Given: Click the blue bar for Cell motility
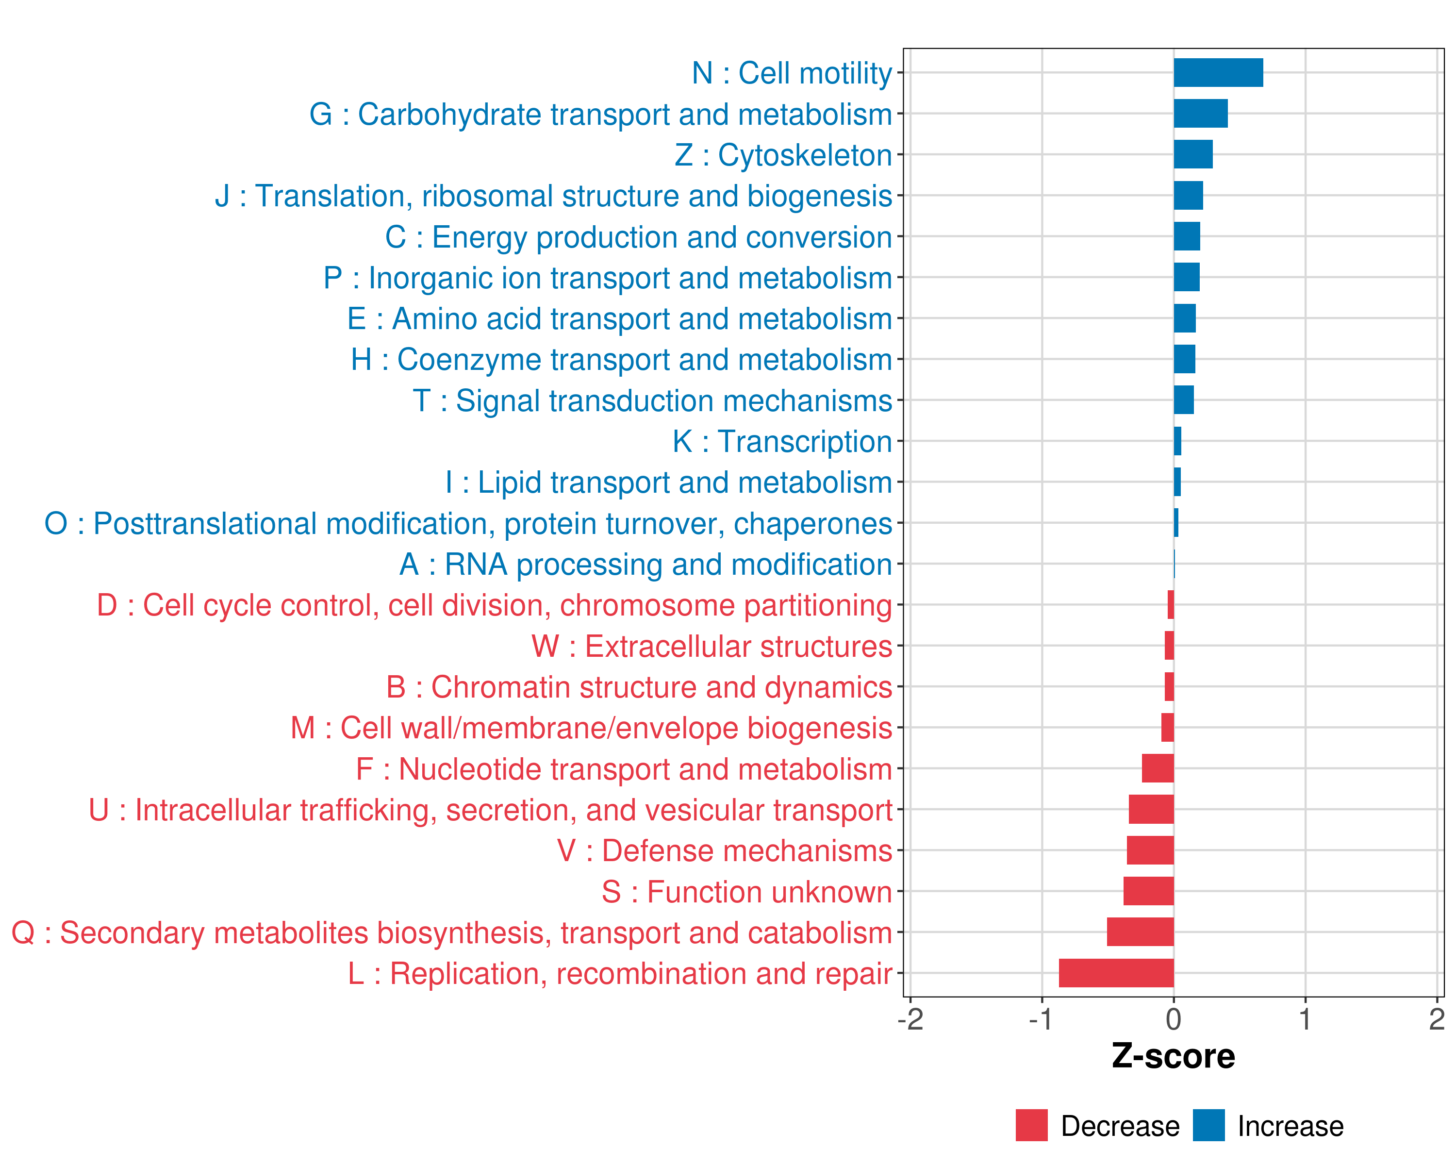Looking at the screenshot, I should pos(1218,73).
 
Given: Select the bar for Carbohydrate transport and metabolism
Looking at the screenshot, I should pos(1200,114).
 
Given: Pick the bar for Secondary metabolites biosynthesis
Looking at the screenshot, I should pos(1140,932).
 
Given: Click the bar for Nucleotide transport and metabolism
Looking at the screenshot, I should pos(1158,768).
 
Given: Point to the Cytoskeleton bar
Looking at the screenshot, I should pos(1192,155).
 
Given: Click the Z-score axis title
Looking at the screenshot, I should pos(1173,1056).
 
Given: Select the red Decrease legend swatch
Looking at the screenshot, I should pos(1031,1126).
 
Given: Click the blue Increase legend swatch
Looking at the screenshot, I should pos(1208,1126).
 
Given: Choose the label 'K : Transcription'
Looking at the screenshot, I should pos(782,442).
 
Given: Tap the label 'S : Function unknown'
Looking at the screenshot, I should pos(746,892).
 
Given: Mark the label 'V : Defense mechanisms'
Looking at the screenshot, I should pos(724,851).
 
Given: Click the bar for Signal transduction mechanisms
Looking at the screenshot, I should pos(1183,400).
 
